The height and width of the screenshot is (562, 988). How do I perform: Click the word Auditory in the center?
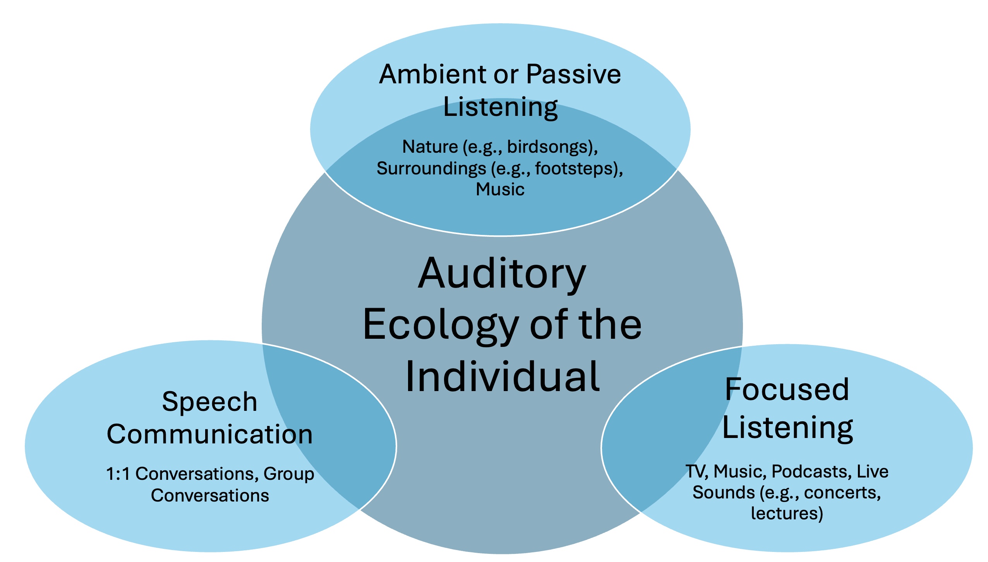[x=502, y=274]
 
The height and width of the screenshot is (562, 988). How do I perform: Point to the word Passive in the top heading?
[x=573, y=74]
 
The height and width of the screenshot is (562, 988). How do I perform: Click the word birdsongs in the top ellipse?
[x=549, y=147]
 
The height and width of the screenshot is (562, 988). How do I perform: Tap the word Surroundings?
[x=431, y=169]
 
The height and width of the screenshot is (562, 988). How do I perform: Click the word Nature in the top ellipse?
[x=430, y=147]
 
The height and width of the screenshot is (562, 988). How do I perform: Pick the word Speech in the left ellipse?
[x=209, y=402]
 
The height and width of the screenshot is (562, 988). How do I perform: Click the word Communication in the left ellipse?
[x=209, y=434]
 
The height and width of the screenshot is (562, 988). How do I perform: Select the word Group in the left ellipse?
[x=289, y=474]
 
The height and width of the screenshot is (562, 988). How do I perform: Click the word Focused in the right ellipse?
[x=787, y=390]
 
